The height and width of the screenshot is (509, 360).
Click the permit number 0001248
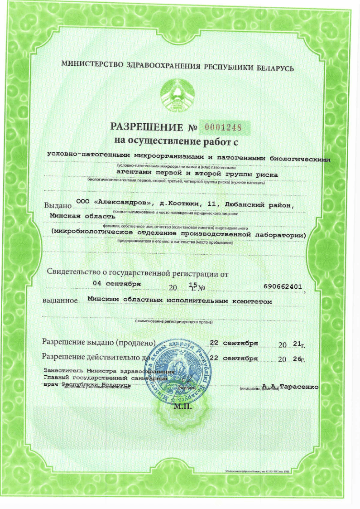223,127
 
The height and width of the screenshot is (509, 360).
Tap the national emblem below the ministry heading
178,94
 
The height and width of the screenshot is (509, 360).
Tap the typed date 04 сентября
117,283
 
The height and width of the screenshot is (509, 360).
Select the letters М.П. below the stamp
183,406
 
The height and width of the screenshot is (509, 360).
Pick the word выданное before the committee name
59,301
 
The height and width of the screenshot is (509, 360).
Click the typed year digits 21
298,344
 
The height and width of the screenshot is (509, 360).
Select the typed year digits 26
298,359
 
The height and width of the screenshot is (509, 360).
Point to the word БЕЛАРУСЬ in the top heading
276,68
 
